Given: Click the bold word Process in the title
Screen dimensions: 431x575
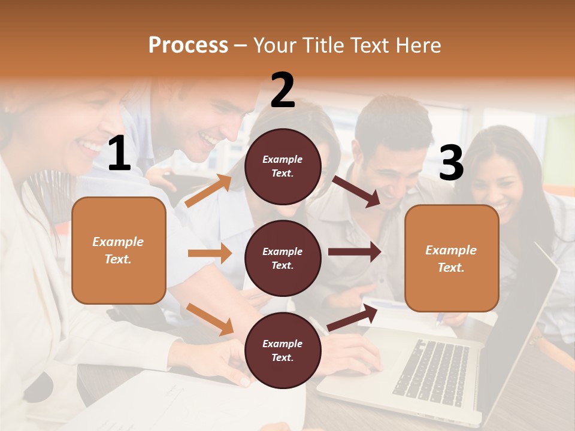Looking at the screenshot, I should (188, 45).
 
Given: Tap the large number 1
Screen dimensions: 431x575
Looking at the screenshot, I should (119, 153).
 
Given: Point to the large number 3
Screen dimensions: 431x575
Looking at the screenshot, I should (451, 163).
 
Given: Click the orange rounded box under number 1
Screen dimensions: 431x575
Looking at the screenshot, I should (119, 250).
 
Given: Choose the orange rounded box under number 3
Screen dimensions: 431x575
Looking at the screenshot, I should (452, 258).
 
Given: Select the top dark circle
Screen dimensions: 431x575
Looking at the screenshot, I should (283, 166).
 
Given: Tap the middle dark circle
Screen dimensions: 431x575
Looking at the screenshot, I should (283, 258).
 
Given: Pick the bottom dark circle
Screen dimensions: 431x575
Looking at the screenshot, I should (283, 350).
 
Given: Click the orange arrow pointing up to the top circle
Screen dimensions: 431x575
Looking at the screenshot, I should (208, 190).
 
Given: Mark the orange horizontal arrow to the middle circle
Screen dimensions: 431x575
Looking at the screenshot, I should (210, 253).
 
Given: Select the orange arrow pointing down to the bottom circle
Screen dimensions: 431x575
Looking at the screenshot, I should (210, 318).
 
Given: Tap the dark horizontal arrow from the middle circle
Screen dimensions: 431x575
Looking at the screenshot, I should (354, 251).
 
